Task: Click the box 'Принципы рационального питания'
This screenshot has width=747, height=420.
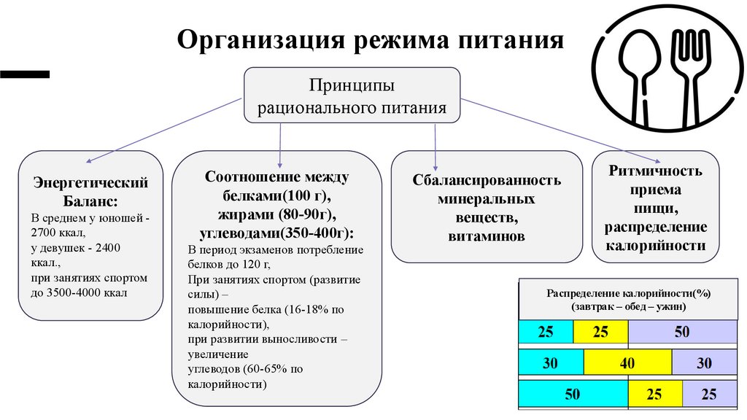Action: pyautogui.click(x=352, y=96)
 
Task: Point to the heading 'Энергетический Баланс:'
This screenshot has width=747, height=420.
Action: pyautogui.click(x=91, y=191)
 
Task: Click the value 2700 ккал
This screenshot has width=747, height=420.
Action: pyautogui.click(x=58, y=233)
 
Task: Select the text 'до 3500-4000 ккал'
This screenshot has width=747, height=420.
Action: pyautogui.click(x=79, y=293)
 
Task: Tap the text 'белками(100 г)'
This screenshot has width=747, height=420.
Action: pyautogui.click(x=276, y=195)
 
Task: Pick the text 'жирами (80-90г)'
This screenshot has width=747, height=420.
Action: pyautogui.click(x=276, y=214)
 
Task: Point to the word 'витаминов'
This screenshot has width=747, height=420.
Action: pyautogui.click(x=487, y=236)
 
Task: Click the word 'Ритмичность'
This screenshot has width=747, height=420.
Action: pyautogui.click(x=655, y=171)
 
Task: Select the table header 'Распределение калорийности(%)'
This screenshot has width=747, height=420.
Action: pyautogui.click(x=629, y=292)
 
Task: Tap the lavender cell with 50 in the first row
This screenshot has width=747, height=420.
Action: pyautogui.click(x=681, y=332)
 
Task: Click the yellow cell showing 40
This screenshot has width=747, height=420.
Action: pyautogui.click(x=627, y=362)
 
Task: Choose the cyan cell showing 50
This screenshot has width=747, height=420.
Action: pyautogui.click(x=573, y=394)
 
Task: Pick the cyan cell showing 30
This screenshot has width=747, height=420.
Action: pyautogui.click(x=551, y=362)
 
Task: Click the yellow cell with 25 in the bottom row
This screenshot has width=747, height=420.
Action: pyautogui.click(x=654, y=394)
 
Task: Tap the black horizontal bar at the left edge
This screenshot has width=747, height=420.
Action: pyautogui.click(x=26, y=74)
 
